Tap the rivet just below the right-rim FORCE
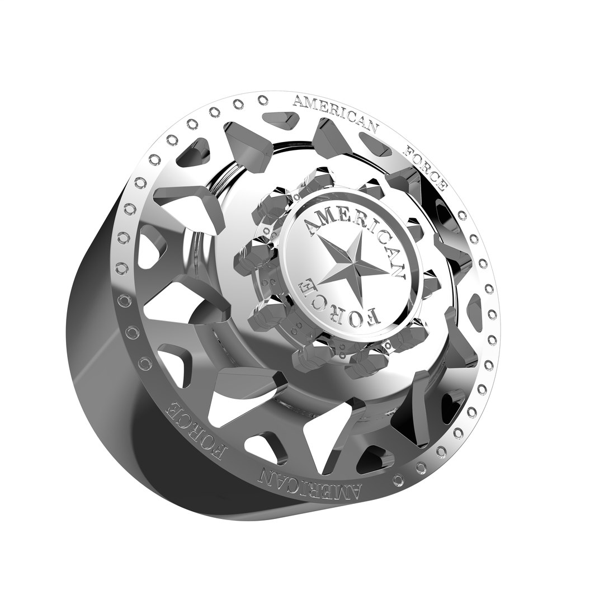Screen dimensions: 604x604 pyautogui.click(x=462, y=215)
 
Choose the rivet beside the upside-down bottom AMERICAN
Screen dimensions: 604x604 pyautogui.click(x=398, y=480)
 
